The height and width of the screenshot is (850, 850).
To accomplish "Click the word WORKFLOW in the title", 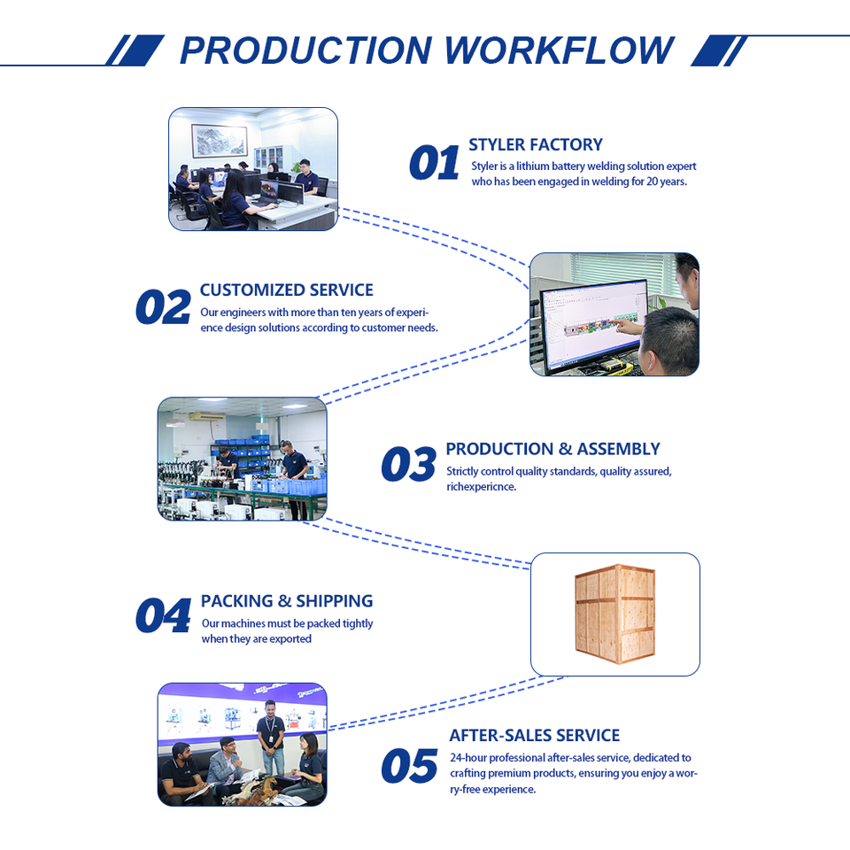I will pos(559,50).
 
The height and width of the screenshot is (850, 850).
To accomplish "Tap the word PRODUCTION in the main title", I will pos(306,50).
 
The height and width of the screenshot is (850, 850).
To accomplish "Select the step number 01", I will pos(434,164).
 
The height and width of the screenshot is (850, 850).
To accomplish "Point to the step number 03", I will pos(408,466).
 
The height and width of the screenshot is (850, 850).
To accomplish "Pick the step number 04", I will pos(163,616).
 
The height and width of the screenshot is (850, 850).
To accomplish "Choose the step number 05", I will pos(409,767).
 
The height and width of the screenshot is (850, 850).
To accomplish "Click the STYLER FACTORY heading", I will pos(536,145).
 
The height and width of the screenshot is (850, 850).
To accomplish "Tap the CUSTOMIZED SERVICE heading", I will pos(287,290).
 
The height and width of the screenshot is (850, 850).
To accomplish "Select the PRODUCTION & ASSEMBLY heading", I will pos(552,449).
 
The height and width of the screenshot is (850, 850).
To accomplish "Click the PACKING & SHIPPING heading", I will pos(287,601).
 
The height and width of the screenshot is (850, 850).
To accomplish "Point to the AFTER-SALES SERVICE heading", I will pos(534,735).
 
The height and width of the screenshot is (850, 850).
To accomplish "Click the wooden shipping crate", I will pos(614,614).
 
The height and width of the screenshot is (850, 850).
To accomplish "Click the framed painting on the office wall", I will pos(219,140).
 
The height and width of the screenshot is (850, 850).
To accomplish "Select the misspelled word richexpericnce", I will pos(481,487).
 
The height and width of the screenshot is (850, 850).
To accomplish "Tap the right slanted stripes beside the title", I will pos(720,50).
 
